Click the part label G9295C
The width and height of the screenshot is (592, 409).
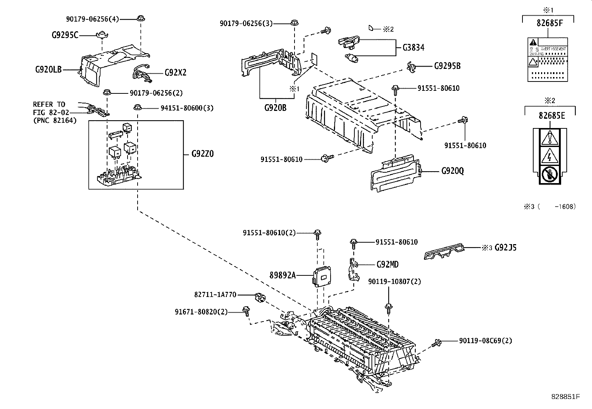point(65,35)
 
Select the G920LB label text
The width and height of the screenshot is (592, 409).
point(48,69)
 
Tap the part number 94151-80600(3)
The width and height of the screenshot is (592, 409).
point(187,108)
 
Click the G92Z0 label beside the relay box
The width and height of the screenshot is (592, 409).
point(203,154)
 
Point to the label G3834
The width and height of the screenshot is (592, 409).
point(413,48)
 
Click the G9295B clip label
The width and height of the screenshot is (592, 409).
point(447,66)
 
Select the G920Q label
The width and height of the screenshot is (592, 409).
point(453,171)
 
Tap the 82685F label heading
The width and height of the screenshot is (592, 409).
point(550,23)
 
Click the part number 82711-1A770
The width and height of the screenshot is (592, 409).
point(215,294)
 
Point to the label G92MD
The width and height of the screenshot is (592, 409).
point(387,265)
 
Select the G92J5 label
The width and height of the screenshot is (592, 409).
point(505,248)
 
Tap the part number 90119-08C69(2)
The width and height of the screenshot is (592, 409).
point(485,341)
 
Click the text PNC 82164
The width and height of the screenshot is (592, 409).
point(55,120)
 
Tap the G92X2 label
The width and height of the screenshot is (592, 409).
point(176,73)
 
